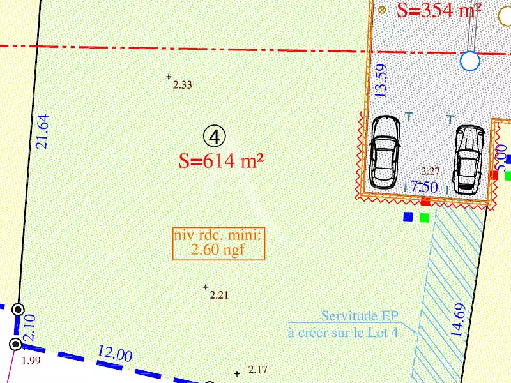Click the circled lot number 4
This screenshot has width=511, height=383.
[215, 135]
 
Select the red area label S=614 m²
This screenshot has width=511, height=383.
[222, 161]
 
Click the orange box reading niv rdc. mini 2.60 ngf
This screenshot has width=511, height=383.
[218, 243]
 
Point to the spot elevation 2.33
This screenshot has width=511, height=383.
[182, 84]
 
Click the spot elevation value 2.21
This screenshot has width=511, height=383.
[219, 295]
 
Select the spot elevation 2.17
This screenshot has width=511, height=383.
[258, 369]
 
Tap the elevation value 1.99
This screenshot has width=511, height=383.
[31, 361]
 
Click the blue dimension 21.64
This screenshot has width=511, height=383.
[43, 131]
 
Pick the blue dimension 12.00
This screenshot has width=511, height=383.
[115, 355]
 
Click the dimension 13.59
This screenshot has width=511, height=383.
[381, 80]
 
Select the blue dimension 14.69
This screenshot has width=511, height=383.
[458, 320]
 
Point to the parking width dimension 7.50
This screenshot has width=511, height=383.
[424, 187]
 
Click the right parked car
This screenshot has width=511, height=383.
[468, 159]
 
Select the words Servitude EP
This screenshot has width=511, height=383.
[360, 316]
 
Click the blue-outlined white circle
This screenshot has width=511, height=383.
[470, 61]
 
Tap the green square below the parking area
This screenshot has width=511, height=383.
[425, 218]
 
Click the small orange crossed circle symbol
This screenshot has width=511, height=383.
[382, 10]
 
